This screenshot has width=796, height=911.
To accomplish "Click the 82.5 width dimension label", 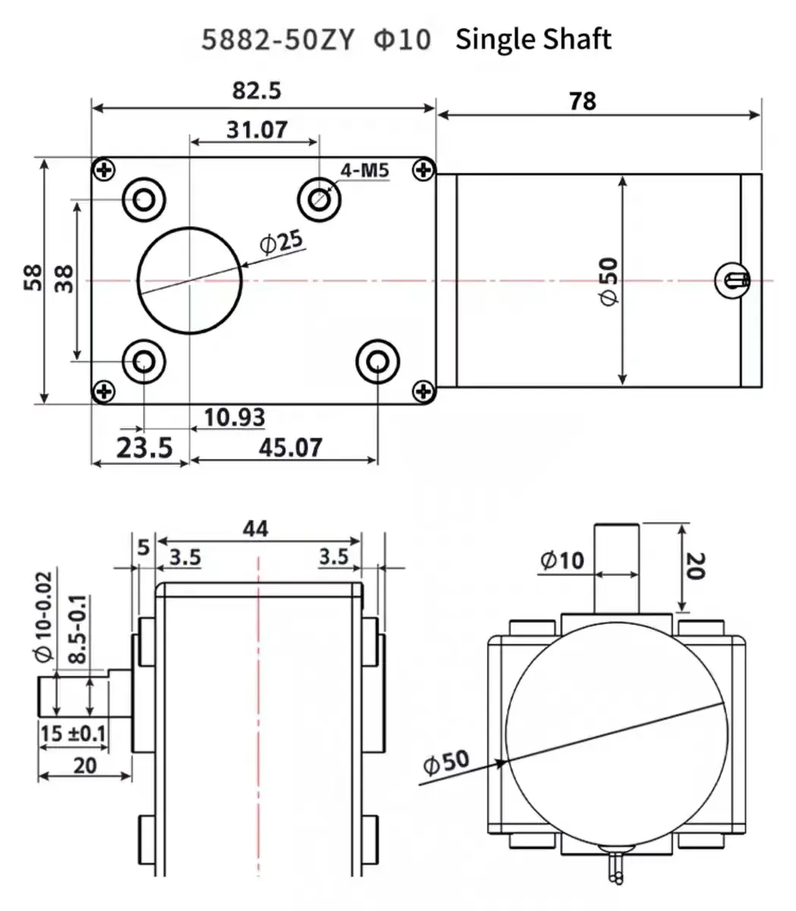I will [x=257, y=90].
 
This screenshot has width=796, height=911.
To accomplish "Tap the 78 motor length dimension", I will [x=583, y=101].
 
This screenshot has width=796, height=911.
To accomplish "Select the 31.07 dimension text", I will [x=257, y=130].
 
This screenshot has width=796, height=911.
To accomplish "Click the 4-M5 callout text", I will [x=365, y=170].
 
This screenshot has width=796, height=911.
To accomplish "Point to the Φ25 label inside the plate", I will [x=280, y=241].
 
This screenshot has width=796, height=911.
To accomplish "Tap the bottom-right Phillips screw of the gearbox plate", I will [x=423, y=392].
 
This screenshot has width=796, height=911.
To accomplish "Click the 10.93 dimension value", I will [x=235, y=418].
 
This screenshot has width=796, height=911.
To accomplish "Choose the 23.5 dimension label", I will [x=145, y=448].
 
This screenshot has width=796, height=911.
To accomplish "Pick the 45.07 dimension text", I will [x=290, y=448].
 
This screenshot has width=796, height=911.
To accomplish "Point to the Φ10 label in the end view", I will [x=563, y=560].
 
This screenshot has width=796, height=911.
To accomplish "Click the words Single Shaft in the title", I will [x=533, y=39].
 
